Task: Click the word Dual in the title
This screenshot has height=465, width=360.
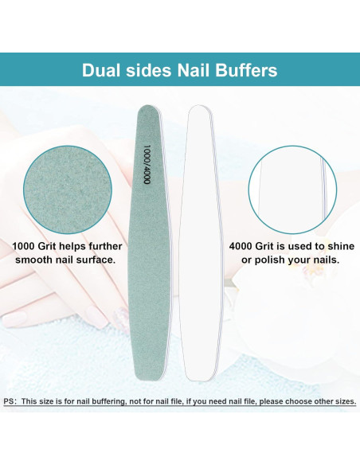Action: (x=103, y=69)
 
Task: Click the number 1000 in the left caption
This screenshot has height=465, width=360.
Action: (x=26, y=246)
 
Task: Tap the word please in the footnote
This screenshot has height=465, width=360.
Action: (x=264, y=401)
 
